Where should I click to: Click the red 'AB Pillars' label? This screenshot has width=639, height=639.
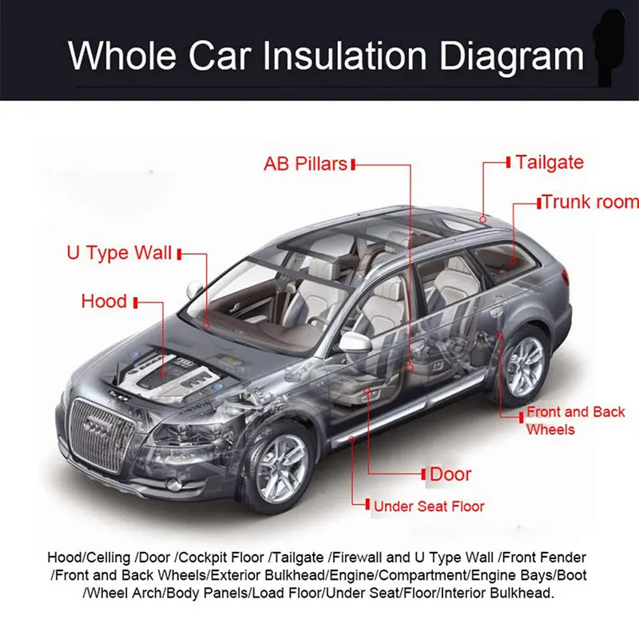tap(306, 165)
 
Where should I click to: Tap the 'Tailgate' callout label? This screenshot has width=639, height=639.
tap(550, 162)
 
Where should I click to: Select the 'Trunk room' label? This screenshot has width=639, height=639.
tap(590, 202)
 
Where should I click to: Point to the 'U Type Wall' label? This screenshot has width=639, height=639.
tap(118, 254)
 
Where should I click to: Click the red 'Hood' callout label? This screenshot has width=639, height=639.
tap(104, 301)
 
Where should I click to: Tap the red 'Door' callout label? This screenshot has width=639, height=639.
tap(450, 474)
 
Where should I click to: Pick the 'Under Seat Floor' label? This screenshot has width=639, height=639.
tap(429, 506)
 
